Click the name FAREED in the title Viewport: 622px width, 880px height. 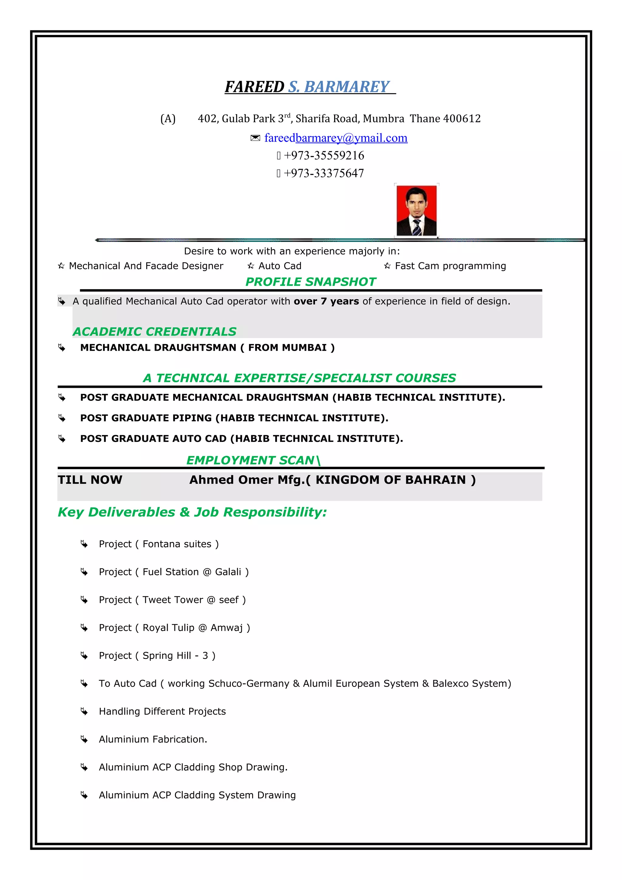pos(254,87)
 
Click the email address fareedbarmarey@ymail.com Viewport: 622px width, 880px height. pos(336,138)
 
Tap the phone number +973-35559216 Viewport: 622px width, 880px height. pos(324,155)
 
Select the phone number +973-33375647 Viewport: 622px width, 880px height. pos(324,173)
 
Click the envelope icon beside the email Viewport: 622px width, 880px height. pos(255,138)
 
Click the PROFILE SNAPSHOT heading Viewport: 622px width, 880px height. pos(310,282)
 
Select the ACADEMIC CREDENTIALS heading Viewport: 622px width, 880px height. pos(155,332)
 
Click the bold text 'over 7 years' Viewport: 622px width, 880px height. pos(326,301)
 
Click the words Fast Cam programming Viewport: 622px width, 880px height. pos(450,266)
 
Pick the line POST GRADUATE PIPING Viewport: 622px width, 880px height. pos(234,418)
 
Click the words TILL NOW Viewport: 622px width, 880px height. pos(90,480)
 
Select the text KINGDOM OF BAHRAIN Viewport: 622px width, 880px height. pos(391,480)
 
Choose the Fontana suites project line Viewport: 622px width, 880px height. pos(159,544)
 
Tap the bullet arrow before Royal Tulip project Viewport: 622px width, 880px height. pos(84,628)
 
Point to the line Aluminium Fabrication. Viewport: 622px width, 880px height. pos(153,739)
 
